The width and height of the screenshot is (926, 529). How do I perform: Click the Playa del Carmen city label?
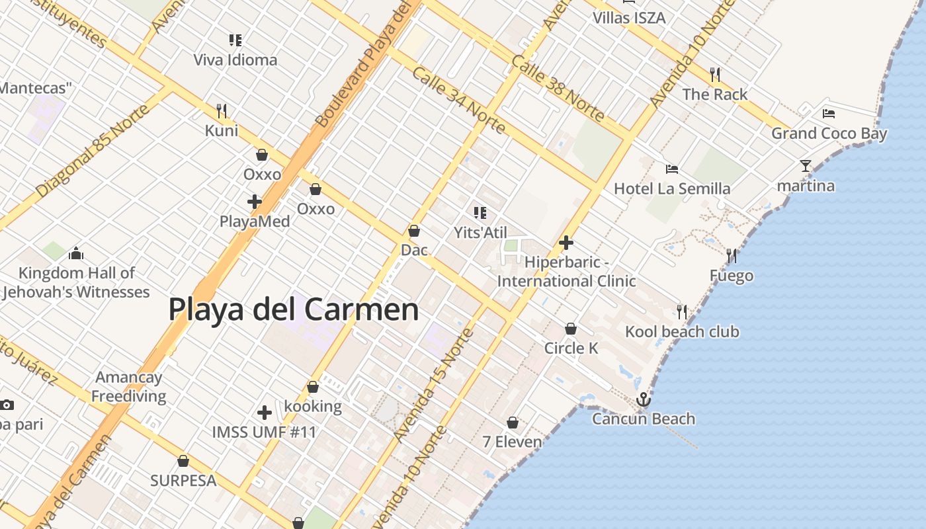[294, 309]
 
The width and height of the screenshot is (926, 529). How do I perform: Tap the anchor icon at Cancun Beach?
[643, 399]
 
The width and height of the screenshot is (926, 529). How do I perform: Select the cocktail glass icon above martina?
[805, 166]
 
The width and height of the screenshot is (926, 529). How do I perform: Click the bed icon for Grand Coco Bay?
[828, 113]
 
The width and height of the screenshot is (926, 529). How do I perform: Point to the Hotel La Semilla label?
[672, 189]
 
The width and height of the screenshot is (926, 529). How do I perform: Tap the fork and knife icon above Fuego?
[731, 255]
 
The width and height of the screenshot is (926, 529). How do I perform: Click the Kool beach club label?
[682, 331]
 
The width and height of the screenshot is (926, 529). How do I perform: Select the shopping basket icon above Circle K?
[570, 329]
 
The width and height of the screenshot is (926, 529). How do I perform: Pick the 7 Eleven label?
[512, 442]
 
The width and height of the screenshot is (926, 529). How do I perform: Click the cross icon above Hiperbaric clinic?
[566, 243]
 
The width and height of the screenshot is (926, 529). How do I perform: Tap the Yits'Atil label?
[480, 233]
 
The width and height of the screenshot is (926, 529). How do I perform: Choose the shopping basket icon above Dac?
[414, 231]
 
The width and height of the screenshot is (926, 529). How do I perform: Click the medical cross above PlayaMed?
[255, 202]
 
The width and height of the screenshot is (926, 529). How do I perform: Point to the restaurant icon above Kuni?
[222, 110]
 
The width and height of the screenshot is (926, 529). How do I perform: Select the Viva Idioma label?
[235, 60]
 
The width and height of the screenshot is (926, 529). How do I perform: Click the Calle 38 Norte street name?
[558, 90]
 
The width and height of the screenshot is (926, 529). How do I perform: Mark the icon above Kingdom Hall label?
[76, 253]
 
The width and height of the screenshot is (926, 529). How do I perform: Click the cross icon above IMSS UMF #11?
[264, 413]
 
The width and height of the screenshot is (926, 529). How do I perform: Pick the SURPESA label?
[183, 481]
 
